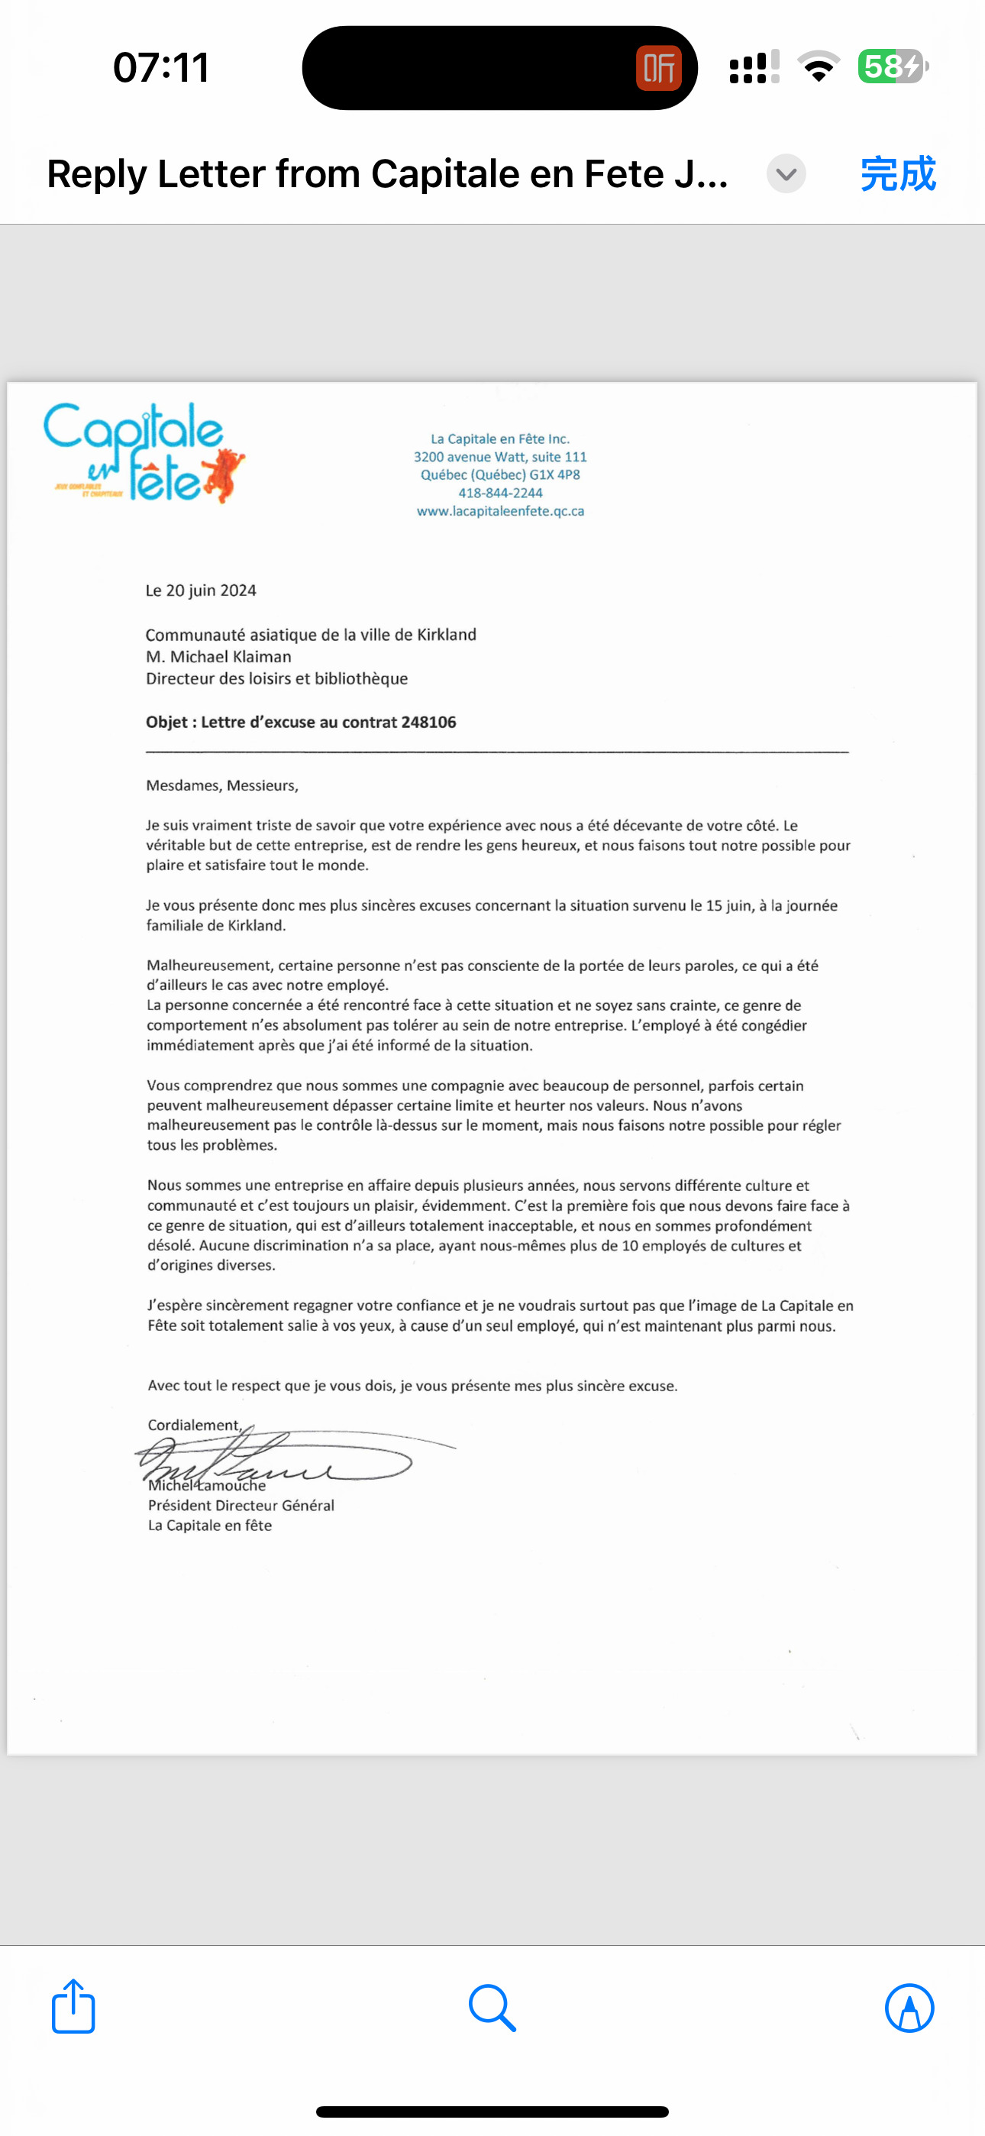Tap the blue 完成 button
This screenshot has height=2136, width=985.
click(x=898, y=174)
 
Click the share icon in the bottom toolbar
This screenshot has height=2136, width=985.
click(x=74, y=2007)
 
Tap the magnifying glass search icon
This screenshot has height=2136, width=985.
click(x=492, y=2008)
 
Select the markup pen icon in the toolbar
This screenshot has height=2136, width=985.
click(x=909, y=2008)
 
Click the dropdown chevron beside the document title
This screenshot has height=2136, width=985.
click(x=786, y=174)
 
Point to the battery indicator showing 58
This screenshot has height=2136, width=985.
click(x=892, y=66)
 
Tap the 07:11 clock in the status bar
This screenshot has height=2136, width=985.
click(x=161, y=67)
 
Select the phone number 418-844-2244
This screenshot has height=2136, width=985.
click(x=500, y=493)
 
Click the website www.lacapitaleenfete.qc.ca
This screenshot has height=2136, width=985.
click(x=500, y=511)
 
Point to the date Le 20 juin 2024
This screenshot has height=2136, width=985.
click(x=201, y=591)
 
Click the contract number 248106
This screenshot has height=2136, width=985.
click(x=428, y=722)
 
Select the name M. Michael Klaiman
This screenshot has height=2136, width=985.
click(x=219, y=657)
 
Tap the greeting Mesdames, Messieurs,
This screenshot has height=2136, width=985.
click(x=222, y=785)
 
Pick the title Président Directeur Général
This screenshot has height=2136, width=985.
click(x=241, y=1505)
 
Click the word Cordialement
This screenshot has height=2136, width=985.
click(x=193, y=1425)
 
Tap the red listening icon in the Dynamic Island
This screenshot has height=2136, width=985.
click(x=658, y=68)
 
